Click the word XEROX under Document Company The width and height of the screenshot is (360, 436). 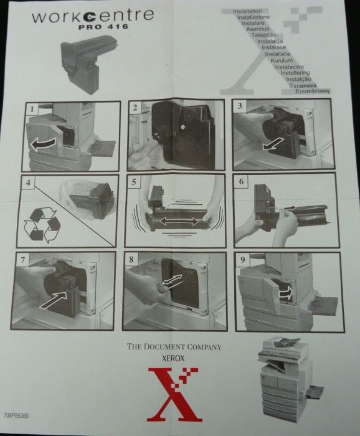click(174, 359)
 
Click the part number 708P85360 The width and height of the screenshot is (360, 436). click(17, 414)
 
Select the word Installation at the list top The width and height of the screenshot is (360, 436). click(247, 11)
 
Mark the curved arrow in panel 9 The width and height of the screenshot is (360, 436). click(286, 293)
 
